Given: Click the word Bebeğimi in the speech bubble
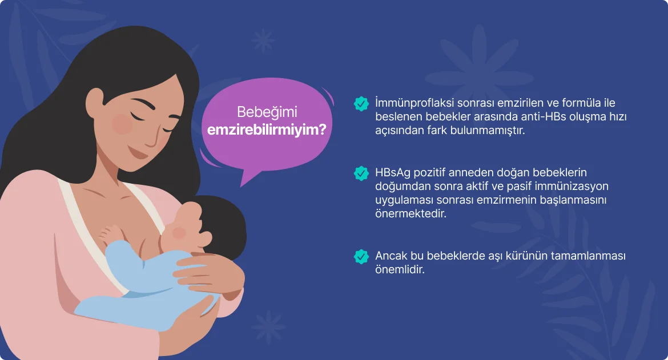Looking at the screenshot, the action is [267, 112].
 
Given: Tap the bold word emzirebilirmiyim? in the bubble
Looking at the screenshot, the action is [267, 130].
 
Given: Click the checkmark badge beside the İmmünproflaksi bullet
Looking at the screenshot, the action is [361, 103].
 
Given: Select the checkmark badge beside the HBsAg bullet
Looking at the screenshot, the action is [361, 173].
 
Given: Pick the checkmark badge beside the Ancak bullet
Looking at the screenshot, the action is [361, 256].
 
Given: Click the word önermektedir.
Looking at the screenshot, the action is [411, 213].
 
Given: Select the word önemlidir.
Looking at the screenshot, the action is [400, 269].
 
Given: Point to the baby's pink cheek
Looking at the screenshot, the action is [179, 233].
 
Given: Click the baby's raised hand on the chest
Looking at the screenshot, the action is [110, 234].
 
